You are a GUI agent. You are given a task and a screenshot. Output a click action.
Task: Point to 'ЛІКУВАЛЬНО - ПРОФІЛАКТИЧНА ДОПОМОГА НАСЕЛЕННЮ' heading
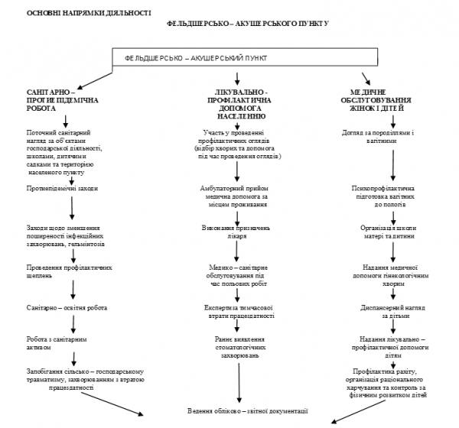(239, 107)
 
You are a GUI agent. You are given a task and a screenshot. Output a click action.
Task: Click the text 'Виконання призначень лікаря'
(239, 232)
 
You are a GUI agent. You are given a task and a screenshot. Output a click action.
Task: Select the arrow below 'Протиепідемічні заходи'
(72, 207)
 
